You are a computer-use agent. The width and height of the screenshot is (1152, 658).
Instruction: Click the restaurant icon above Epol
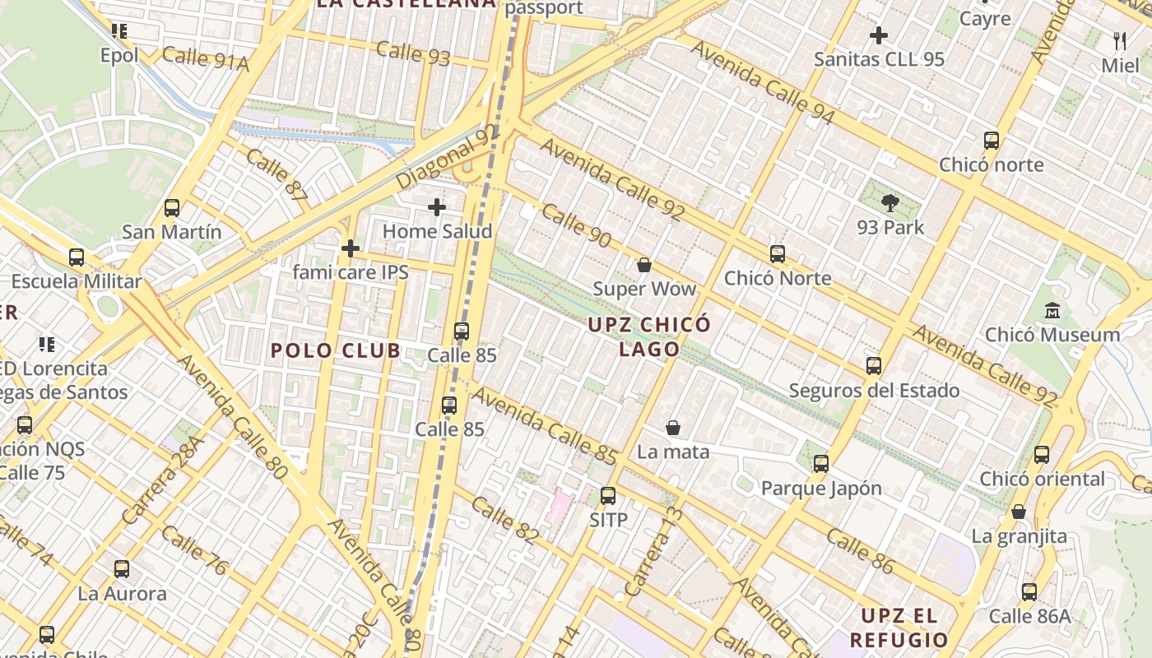(119, 31)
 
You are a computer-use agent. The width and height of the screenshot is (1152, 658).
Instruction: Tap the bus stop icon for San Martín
(172, 208)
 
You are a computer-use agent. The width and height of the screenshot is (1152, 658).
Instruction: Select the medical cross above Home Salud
(437, 207)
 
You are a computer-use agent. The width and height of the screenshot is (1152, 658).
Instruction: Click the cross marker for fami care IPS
(351, 248)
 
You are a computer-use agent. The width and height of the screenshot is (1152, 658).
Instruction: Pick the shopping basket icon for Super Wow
(644, 265)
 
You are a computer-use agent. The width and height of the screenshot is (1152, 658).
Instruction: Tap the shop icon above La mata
(673, 428)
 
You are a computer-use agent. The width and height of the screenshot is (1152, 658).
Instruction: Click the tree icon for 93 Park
(890, 203)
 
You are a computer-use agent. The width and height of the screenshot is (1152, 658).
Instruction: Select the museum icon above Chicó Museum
(1052, 311)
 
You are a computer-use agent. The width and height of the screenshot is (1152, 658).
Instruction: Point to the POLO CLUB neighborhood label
(336, 351)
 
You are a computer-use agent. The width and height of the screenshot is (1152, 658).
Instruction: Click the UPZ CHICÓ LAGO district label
(649, 336)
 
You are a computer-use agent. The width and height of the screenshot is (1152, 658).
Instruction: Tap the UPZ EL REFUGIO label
(899, 628)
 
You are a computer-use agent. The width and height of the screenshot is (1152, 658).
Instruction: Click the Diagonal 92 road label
(448, 156)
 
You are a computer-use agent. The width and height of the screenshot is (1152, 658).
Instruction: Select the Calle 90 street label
(576, 226)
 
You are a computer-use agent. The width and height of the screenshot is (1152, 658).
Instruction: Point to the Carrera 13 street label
(655, 552)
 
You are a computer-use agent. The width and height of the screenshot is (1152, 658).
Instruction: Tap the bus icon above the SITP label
(608, 496)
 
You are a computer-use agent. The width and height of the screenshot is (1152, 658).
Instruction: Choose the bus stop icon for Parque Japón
(821, 464)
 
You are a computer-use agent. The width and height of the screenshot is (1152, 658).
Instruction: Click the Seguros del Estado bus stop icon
(874, 366)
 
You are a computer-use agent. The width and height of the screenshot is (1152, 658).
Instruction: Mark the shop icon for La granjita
(1019, 512)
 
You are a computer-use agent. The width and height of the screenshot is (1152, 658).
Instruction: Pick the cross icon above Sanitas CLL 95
(879, 35)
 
